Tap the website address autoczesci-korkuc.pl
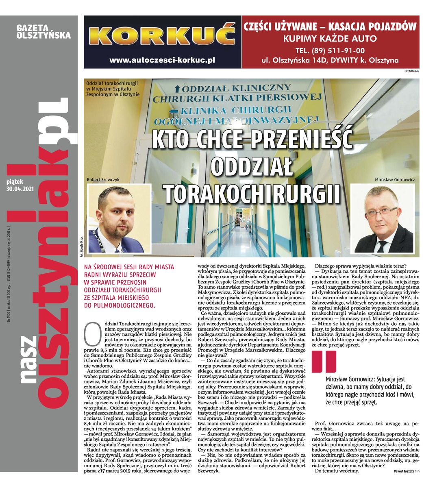(x=162, y=60)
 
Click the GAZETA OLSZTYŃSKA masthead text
(x=43, y=32)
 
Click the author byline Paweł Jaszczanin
(x=407, y=471)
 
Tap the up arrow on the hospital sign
(x=177, y=88)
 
